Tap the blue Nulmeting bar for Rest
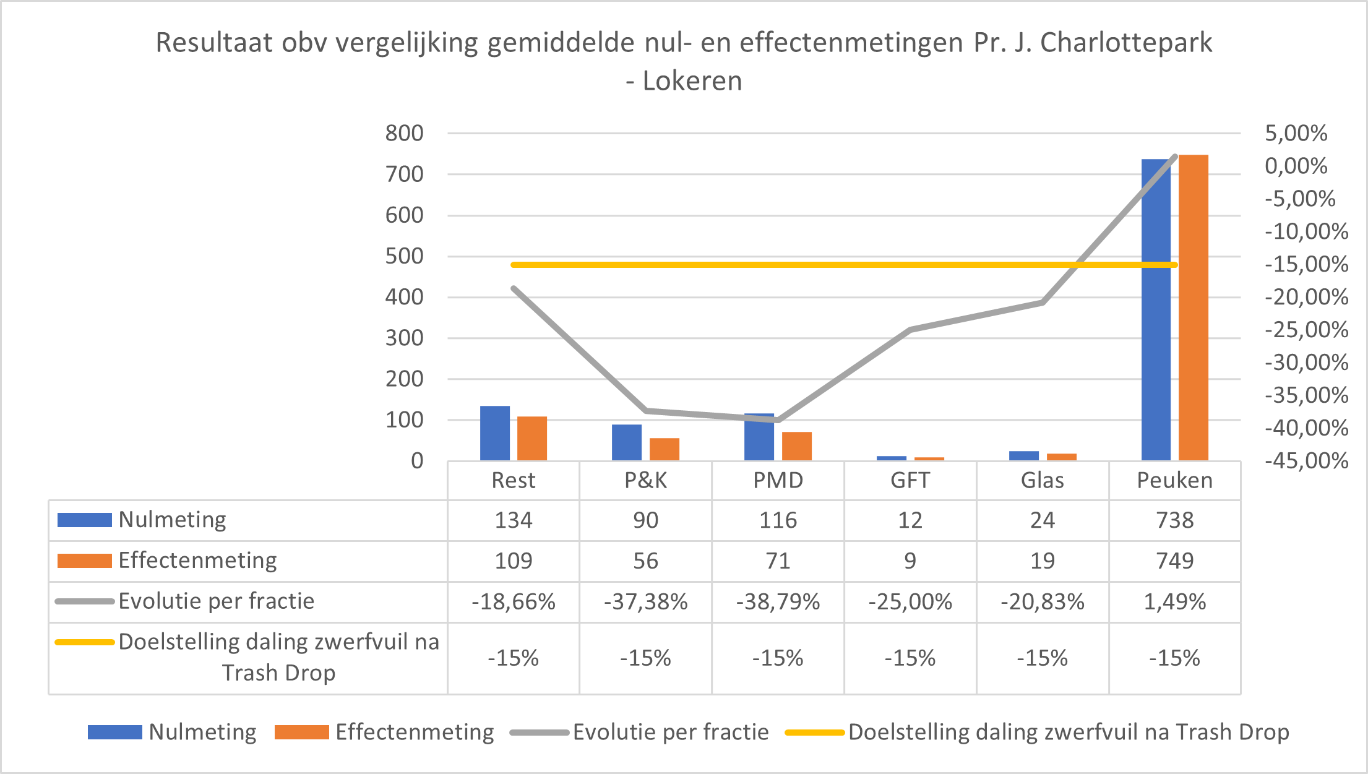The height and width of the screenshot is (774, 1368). [x=495, y=433]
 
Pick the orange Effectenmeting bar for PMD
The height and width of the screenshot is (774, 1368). [x=796, y=446]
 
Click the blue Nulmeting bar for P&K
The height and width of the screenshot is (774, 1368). [x=627, y=442]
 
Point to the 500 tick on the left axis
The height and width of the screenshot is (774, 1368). [x=404, y=256]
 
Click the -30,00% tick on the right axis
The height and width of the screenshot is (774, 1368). [x=1306, y=362]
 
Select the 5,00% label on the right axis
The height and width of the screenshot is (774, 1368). [x=1296, y=133]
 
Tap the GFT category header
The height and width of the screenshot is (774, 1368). [x=910, y=480]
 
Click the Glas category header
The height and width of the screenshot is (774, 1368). [x=1042, y=480]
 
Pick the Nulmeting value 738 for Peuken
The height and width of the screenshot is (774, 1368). [x=1174, y=520]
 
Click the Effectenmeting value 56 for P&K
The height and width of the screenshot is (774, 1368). [x=645, y=561]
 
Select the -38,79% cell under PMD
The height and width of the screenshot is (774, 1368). [x=778, y=601]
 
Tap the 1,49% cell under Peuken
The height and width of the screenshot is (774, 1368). [x=1174, y=601]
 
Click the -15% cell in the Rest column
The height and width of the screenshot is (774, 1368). [x=513, y=658]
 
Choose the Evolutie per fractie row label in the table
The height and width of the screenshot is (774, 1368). [x=216, y=601]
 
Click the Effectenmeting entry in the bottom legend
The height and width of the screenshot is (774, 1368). [x=414, y=732]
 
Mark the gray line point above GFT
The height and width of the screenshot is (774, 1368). [x=910, y=330]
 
